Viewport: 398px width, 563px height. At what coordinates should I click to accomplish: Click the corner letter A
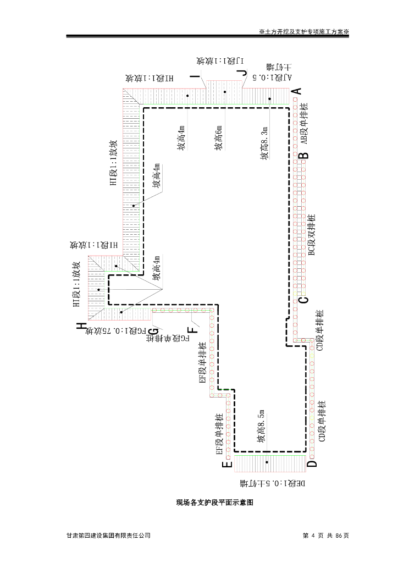[x=296, y=91]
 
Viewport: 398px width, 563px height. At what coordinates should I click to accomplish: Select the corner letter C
[x=303, y=300]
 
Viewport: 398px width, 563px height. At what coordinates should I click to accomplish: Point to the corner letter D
[x=312, y=463]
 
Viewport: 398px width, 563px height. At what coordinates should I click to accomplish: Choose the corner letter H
[x=82, y=327]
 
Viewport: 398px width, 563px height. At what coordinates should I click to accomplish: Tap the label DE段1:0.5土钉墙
[x=273, y=484]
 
